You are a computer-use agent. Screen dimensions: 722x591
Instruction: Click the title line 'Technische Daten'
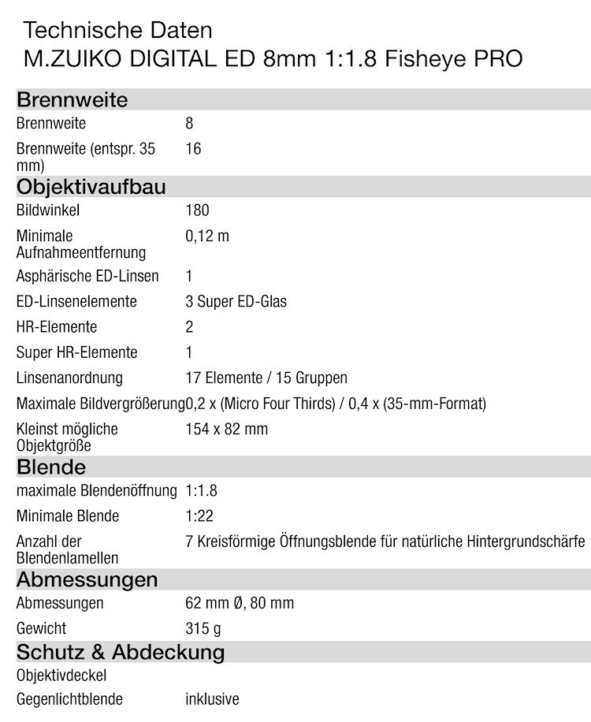[x=117, y=31]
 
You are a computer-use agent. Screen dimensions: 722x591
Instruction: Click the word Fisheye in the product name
[x=425, y=59]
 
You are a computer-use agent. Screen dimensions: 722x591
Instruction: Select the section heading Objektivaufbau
[x=91, y=187]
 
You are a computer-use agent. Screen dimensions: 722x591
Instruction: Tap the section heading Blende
[x=51, y=467]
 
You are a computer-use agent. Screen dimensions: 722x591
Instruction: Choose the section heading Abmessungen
[x=87, y=579]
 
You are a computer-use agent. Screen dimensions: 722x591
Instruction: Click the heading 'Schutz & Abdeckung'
[x=121, y=652]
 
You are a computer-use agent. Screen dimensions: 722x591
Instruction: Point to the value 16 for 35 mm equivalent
[x=193, y=148]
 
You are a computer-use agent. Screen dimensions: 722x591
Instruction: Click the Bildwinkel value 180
[x=197, y=210]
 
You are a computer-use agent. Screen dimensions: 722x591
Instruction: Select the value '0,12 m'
[x=207, y=236]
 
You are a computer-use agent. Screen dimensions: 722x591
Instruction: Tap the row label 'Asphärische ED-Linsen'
[x=87, y=276]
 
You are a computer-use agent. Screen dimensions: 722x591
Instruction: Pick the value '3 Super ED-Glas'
[x=236, y=301]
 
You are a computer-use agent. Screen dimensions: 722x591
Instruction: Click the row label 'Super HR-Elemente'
[x=76, y=352]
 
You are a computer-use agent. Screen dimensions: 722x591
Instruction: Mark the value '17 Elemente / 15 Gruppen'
[x=266, y=378]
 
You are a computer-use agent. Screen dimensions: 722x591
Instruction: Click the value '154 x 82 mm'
[x=226, y=429]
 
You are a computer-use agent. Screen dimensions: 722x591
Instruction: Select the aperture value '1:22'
[x=199, y=516]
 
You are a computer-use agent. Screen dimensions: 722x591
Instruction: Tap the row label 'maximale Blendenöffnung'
[x=96, y=490]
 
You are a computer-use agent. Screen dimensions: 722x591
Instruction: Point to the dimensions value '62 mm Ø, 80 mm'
[x=240, y=603]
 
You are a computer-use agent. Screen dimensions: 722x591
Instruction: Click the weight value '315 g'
[x=203, y=628]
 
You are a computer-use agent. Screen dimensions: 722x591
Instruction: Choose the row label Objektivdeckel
[x=61, y=675]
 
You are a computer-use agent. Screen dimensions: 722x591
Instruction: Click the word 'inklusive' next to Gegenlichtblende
[x=212, y=699]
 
